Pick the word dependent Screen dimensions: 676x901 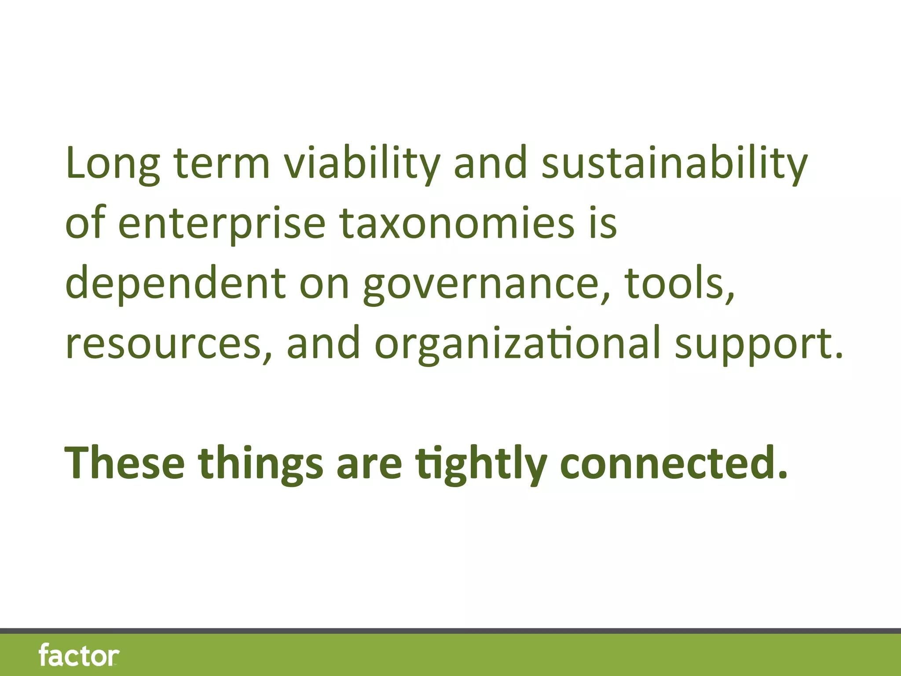[176, 284]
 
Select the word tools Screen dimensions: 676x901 [680, 284]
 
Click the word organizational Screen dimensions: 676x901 [517, 344]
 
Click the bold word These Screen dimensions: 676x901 [125, 463]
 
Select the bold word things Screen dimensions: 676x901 [260, 463]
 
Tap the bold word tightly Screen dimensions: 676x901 [482, 463]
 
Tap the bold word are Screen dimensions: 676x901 [369, 463]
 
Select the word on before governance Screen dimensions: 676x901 [324, 284]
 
